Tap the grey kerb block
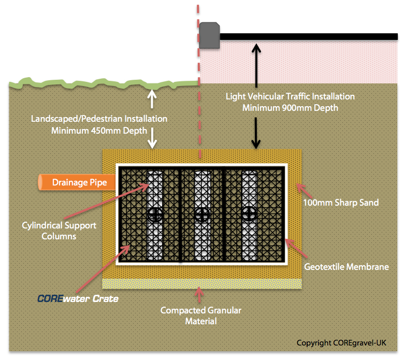tap(210, 35)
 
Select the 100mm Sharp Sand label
tap(341, 202)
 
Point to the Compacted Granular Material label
tap(200, 315)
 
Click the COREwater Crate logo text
tap(78, 299)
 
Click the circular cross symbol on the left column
tap(155, 214)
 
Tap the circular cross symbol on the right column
tap(250, 212)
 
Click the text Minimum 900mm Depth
tap(290, 108)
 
